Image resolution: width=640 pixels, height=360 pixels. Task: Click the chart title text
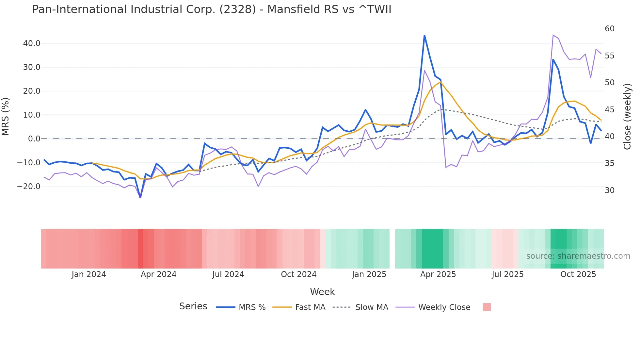212,9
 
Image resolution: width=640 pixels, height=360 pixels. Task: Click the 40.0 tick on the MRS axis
32,43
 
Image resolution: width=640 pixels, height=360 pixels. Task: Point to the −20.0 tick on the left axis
29,187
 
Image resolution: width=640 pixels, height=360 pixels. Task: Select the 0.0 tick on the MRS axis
34,139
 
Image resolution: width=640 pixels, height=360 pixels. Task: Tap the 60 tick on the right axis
609,29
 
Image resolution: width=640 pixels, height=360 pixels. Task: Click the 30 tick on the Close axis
609,190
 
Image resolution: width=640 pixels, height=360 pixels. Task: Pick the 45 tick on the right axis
609,110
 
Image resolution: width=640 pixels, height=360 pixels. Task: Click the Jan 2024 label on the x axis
89,274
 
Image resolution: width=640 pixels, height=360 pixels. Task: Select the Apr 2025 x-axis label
438,274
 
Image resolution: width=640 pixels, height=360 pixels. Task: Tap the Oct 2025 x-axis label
578,274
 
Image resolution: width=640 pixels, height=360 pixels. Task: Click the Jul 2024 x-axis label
228,274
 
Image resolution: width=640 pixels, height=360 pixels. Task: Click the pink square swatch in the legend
487,307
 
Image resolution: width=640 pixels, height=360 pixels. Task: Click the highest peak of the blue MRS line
424,36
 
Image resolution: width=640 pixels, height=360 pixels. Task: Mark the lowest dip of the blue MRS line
140,197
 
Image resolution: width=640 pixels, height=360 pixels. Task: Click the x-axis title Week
322,292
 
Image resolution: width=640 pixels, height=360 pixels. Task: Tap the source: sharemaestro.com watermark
578,256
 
